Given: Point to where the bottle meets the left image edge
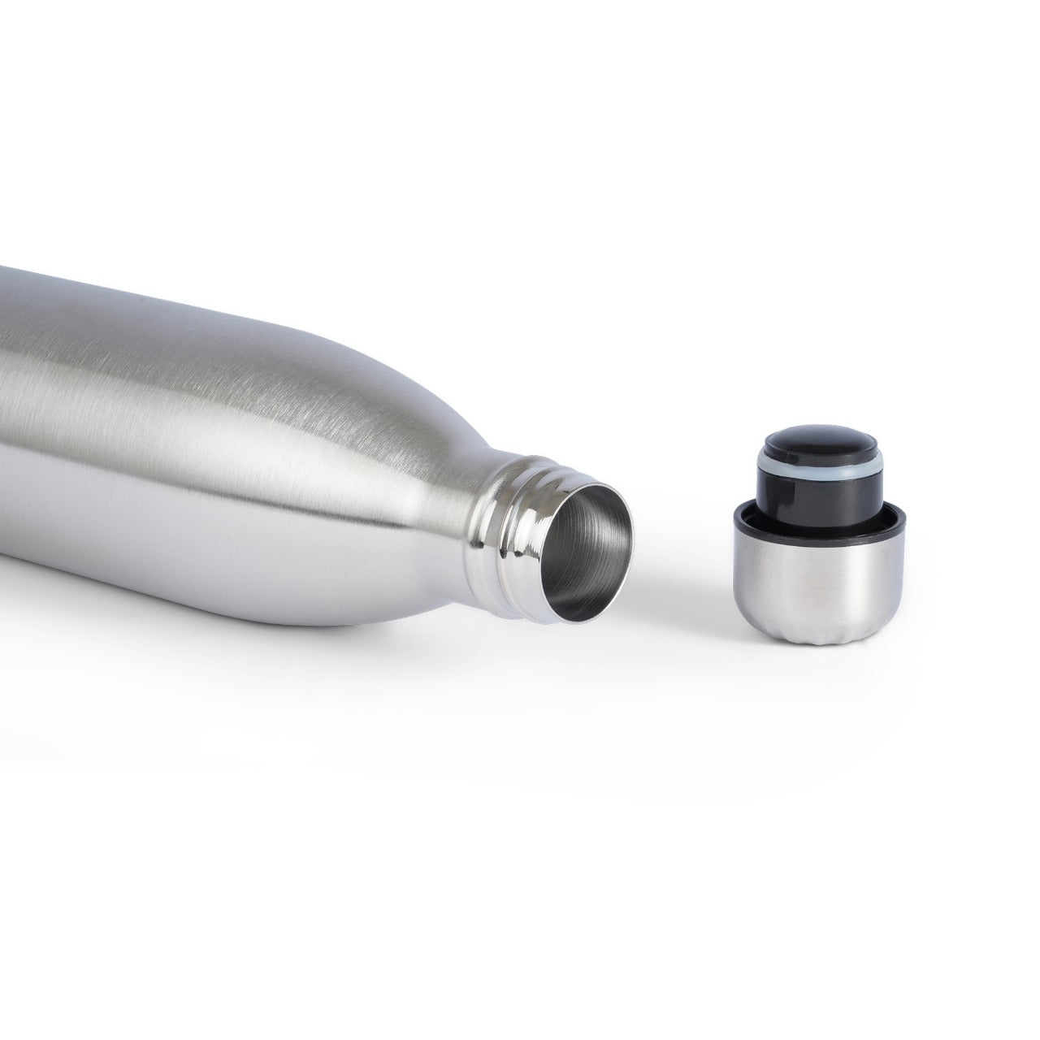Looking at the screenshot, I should click(3, 406).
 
